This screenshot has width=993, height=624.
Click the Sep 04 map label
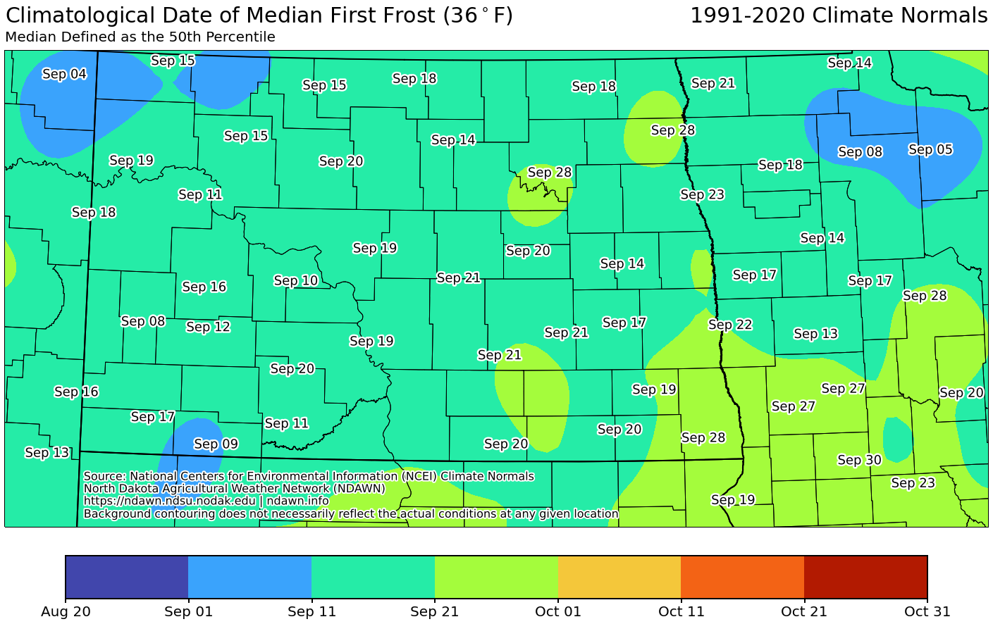tap(64, 74)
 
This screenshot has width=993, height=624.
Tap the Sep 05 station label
tap(930, 149)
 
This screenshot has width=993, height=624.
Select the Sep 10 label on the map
tap(296, 280)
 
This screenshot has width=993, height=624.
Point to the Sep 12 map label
tap(208, 327)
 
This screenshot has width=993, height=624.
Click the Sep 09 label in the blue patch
tap(216, 444)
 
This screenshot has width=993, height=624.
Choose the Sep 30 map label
tap(859, 460)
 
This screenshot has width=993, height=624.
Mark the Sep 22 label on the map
tap(730, 325)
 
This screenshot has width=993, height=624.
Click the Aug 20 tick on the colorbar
tap(66, 611)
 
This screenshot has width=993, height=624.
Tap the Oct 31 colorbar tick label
tap(927, 611)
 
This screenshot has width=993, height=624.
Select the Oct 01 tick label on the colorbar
tap(558, 611)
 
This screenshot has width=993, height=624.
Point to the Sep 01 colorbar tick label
tap(188, 611)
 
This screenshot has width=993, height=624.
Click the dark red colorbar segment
tap(865, 577)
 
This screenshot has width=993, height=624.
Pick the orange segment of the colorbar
tap(742, 577)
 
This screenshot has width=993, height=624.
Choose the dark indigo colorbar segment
tap(127, 577)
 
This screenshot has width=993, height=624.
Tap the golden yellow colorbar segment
tap(619, 577)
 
